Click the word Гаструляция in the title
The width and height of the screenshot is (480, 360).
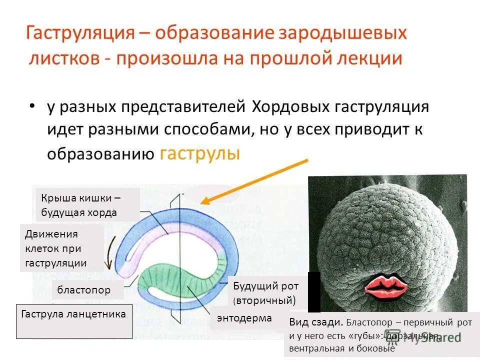tap(79, 34)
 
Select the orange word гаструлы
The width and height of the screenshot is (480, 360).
tap(199, 153)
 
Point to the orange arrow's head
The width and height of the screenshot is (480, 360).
tap(204, 201)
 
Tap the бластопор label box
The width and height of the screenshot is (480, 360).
tap(87, 289)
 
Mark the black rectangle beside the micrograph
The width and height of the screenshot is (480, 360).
tap(314, 292)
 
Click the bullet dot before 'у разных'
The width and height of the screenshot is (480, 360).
tap(32, 107)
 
